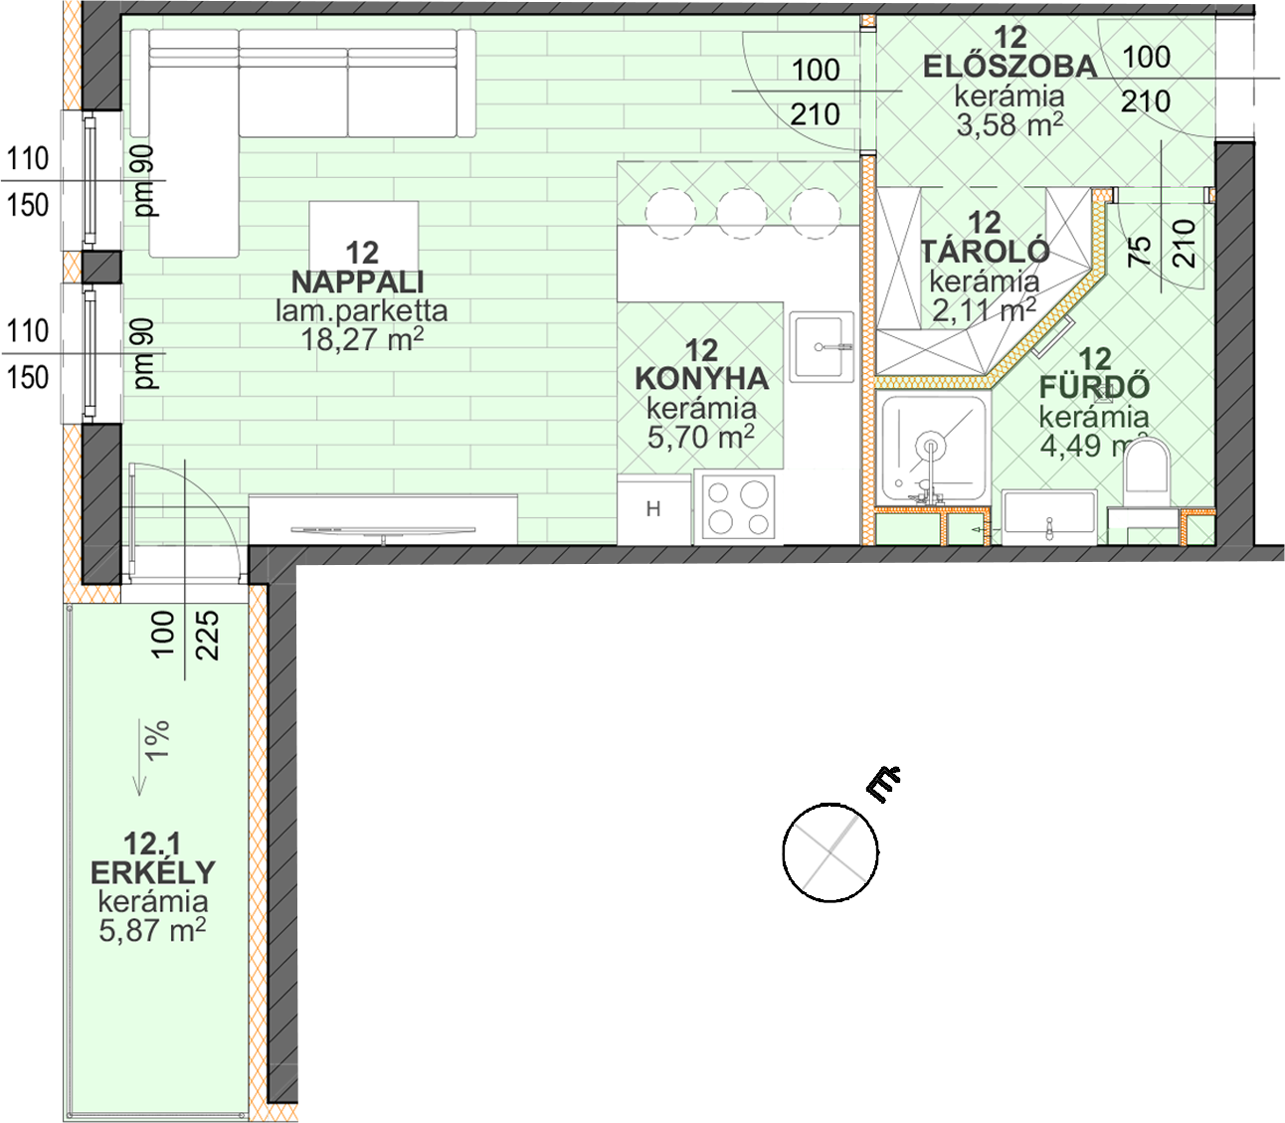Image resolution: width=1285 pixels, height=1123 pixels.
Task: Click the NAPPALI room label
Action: tap(358, 282)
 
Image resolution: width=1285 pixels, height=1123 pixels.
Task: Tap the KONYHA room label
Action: tap(701, 379)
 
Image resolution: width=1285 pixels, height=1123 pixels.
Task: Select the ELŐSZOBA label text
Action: tap(1010, 67)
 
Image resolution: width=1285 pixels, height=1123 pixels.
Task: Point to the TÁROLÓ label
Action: tap(985, 252)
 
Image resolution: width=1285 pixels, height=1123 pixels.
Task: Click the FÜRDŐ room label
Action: tap(1095, 387)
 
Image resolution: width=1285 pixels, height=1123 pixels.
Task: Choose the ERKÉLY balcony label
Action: tap(153, 872)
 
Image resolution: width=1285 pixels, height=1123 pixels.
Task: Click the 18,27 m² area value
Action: tap(362, 340)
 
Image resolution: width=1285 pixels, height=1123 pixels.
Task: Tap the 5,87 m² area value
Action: tap(152, 930)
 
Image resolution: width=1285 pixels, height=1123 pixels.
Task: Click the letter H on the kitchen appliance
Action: tap(653, 508)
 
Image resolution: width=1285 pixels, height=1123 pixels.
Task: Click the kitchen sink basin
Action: tap(821, 346)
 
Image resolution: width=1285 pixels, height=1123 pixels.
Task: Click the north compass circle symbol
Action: tap(830, 852)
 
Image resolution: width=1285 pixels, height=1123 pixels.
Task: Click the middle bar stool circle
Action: tap(742, 214)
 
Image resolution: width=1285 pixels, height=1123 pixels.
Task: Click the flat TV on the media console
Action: tap(383, 532)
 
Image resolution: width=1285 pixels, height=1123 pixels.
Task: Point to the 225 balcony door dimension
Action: tap(209, 635)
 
